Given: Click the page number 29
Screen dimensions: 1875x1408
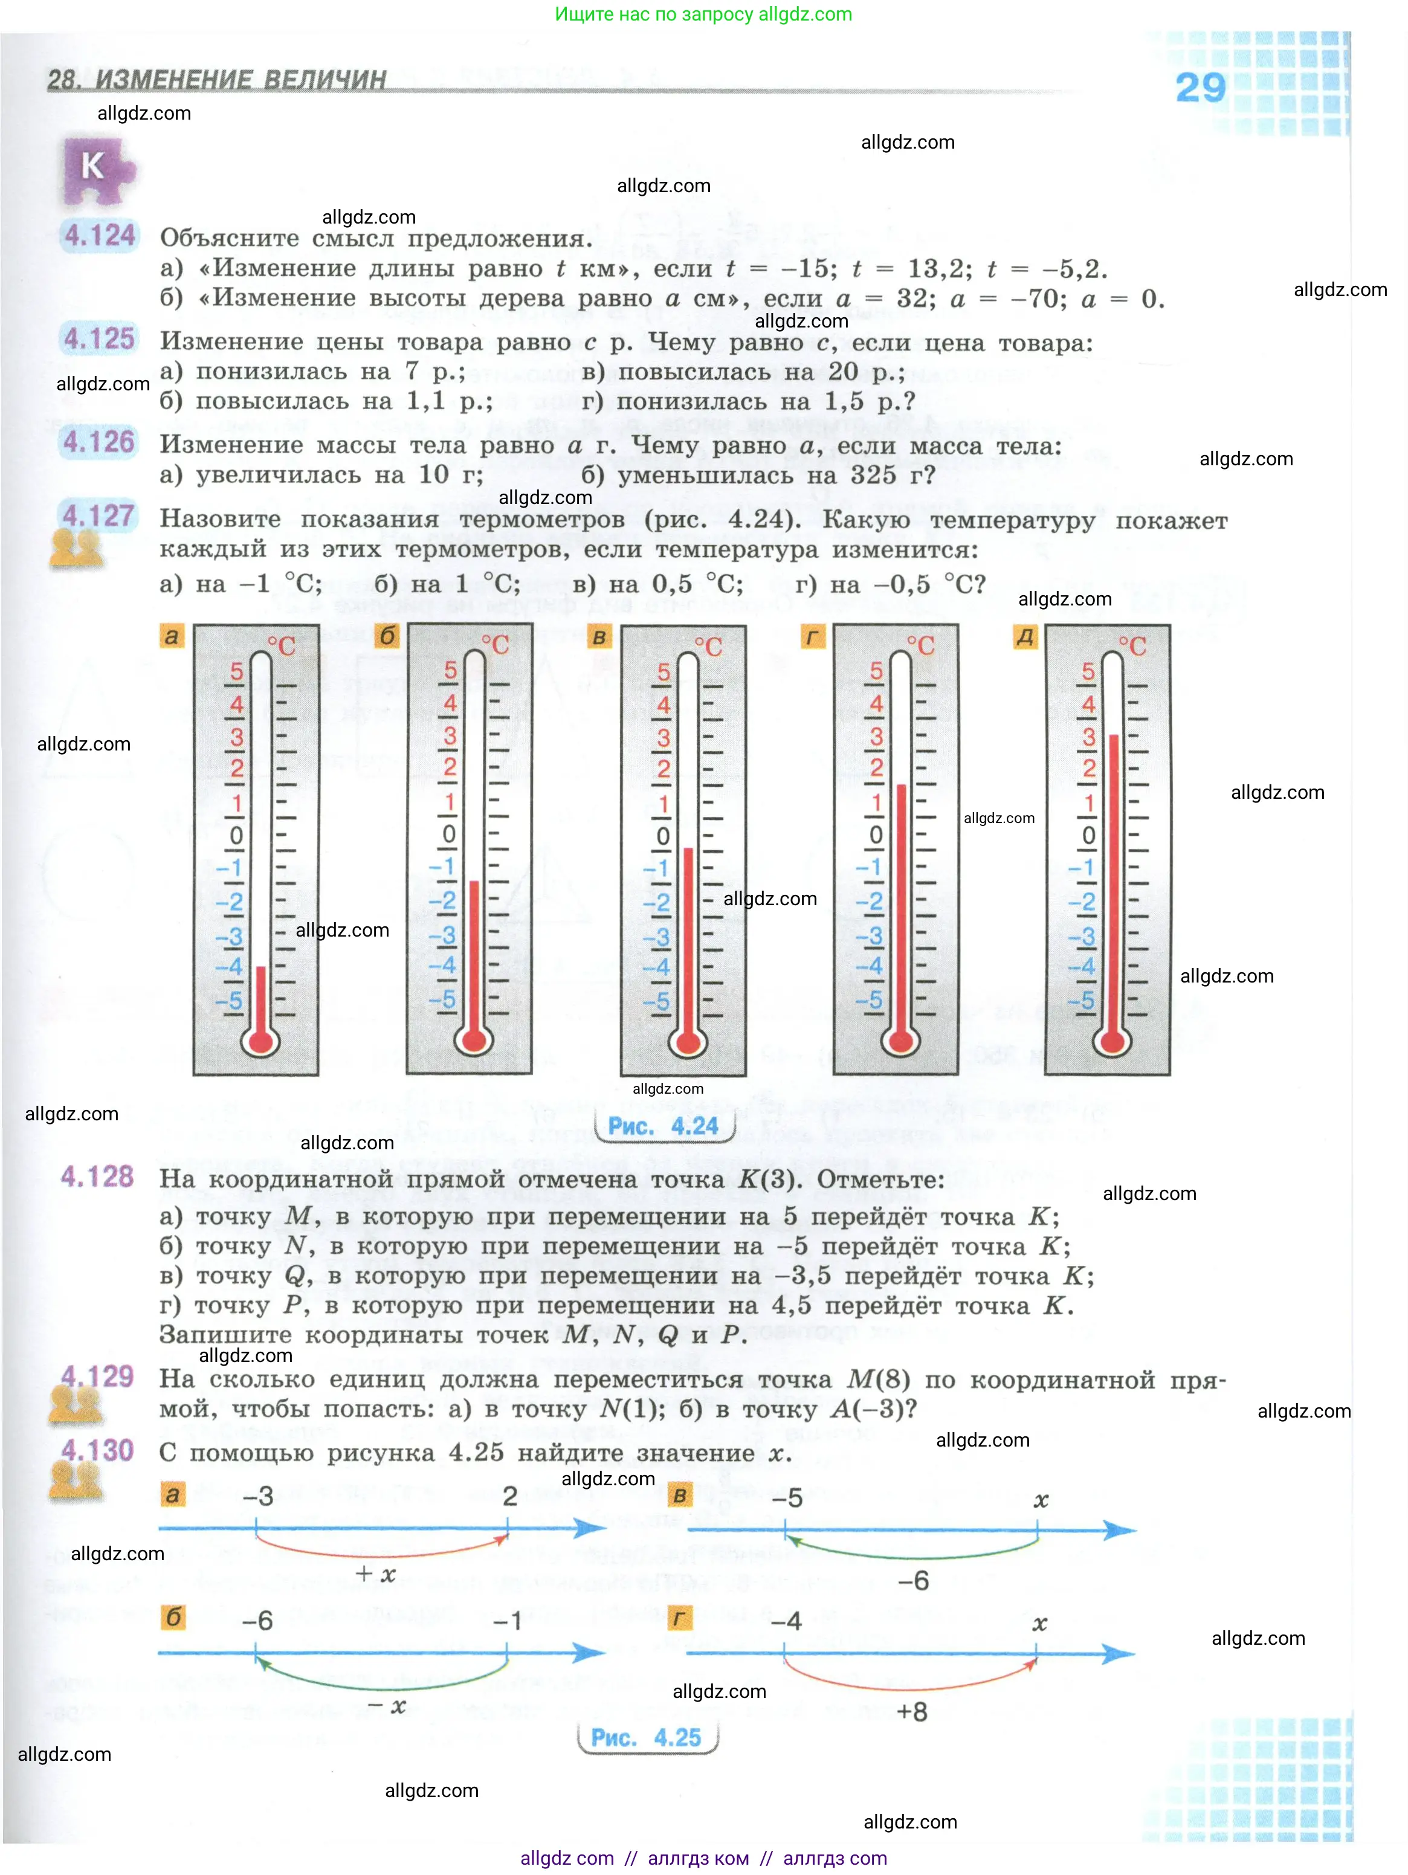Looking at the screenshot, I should point(1200,88).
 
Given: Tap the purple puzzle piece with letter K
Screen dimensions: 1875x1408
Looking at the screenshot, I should point(97,170).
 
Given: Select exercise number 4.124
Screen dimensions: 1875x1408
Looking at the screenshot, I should point(99,235).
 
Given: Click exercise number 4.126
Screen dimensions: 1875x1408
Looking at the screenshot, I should point(98,442).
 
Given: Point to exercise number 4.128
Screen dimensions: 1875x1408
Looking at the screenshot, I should point(97,1176).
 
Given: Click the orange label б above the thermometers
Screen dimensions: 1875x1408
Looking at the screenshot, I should point(387,636).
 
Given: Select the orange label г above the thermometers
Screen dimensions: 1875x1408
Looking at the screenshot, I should point(813,636).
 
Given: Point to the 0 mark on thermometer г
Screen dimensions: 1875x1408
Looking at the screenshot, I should point(876,835).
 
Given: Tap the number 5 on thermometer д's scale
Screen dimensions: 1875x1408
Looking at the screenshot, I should point(1088,671).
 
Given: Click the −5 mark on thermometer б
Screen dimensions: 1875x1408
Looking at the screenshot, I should point(442,999).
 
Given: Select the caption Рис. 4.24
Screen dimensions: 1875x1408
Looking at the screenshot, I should point(663,1126).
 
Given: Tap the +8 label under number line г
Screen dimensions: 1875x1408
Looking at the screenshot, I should point(912,1711).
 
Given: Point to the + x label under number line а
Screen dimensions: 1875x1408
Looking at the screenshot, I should point(375,1574).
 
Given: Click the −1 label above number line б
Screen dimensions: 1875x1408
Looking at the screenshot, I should point(507,1621).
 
